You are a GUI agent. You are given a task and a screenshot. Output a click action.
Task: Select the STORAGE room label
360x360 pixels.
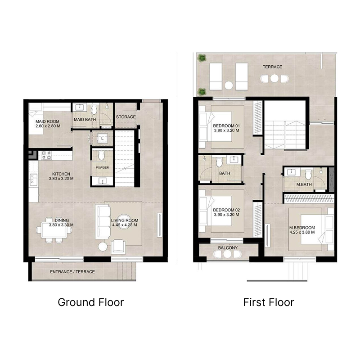126,117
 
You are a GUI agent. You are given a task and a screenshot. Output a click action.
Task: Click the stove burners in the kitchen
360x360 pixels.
46,155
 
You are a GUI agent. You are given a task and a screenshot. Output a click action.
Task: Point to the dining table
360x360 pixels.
54,230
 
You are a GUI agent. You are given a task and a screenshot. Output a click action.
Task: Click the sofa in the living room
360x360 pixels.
103,222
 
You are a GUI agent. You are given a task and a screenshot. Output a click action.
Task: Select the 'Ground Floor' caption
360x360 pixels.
90,302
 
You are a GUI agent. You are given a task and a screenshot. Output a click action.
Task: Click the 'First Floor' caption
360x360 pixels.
269,302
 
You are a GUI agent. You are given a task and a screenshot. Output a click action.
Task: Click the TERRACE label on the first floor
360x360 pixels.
273,67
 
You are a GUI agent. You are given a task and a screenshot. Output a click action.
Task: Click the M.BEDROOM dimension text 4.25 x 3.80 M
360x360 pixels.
302,233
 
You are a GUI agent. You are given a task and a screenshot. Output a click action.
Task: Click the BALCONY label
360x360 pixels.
228,247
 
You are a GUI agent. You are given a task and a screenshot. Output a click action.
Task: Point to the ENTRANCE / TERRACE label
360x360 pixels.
72,272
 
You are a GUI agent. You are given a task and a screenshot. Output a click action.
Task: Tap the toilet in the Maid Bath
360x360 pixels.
94,110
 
